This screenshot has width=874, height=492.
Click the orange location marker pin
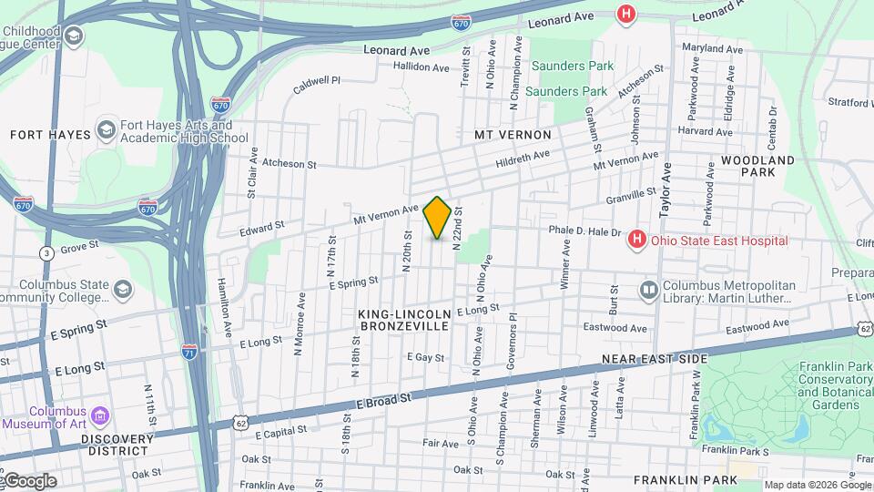437,218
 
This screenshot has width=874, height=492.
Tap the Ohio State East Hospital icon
637,241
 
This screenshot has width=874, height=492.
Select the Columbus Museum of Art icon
98,417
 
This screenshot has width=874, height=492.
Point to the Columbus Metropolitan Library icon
648,292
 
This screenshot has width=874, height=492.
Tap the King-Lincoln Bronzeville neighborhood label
403,319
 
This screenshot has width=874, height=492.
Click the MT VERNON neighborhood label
513,135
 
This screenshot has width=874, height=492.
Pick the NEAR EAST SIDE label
654,360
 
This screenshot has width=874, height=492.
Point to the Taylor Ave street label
666,189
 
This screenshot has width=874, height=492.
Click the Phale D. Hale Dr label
584,231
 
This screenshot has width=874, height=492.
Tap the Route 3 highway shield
46,251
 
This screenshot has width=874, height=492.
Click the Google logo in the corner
29,481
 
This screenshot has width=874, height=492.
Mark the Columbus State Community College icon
123,289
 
